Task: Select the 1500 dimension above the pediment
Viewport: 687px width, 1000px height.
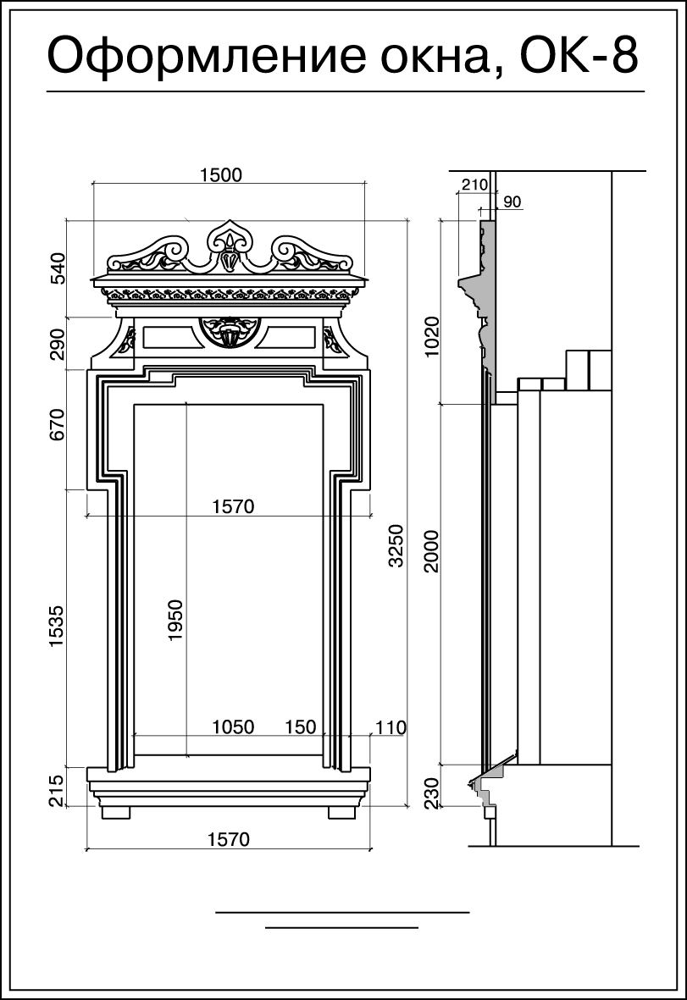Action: [221, 174]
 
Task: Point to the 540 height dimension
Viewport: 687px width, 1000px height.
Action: [58, 268]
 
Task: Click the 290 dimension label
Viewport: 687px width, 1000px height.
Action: [58, 345]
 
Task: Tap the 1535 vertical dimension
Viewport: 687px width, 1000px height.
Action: [58, 627]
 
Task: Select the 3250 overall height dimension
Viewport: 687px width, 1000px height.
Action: [396, 545]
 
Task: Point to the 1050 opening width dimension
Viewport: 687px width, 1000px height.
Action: [233, 727]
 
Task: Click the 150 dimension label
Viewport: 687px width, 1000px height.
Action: [301, 727]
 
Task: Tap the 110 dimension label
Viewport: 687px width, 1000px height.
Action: [391, 727]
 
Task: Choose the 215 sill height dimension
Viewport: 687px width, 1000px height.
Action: [58, 791]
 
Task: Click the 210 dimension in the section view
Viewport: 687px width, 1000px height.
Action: [474, 185]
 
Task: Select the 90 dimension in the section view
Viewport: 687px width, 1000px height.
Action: [512, 202]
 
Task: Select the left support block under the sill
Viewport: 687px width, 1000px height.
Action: [115, 813]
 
